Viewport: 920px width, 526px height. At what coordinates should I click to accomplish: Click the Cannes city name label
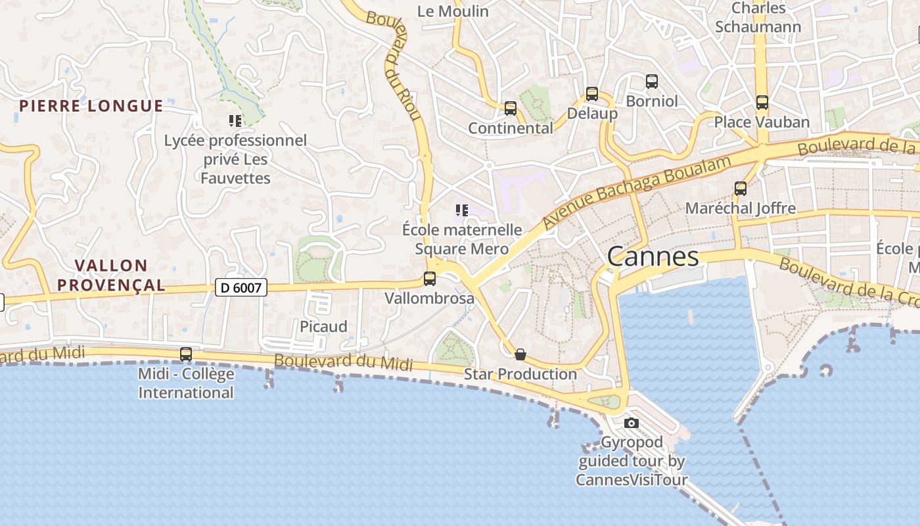click(x=653, y=256)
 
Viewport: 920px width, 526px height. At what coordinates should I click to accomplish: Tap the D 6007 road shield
click(x=241, y=287)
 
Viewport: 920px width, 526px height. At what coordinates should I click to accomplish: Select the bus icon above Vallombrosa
click(x=430, y=279)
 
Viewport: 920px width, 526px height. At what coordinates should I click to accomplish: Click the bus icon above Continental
click(x=511, y=108)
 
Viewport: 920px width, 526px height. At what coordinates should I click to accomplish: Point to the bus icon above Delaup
click(x=592, y=94)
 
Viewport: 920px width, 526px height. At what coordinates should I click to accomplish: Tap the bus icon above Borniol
click(x=652, y=82)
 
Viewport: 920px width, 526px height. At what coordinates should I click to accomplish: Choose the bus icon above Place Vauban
click(x=762, y=103)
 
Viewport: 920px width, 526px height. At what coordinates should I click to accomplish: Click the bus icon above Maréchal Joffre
click(x=741, y=189)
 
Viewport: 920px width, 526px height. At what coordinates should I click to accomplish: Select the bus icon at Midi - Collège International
click(x=186, y=354)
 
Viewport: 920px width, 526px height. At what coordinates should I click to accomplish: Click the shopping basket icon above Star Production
click(x=520, y=355)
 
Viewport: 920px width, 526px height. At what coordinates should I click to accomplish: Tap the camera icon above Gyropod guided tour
click(x=632, y=423)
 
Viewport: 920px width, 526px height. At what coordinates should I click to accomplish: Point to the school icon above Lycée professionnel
click(x=235, y=121)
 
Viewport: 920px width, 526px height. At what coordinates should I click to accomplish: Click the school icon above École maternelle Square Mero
click(x=462, y=210)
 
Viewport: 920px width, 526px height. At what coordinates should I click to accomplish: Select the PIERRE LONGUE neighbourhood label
click(x=91, y=106)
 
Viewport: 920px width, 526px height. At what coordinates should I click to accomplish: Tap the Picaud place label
click(x=323, y=327)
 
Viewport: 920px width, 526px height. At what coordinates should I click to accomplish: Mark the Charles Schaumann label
click(x=758, y=18)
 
